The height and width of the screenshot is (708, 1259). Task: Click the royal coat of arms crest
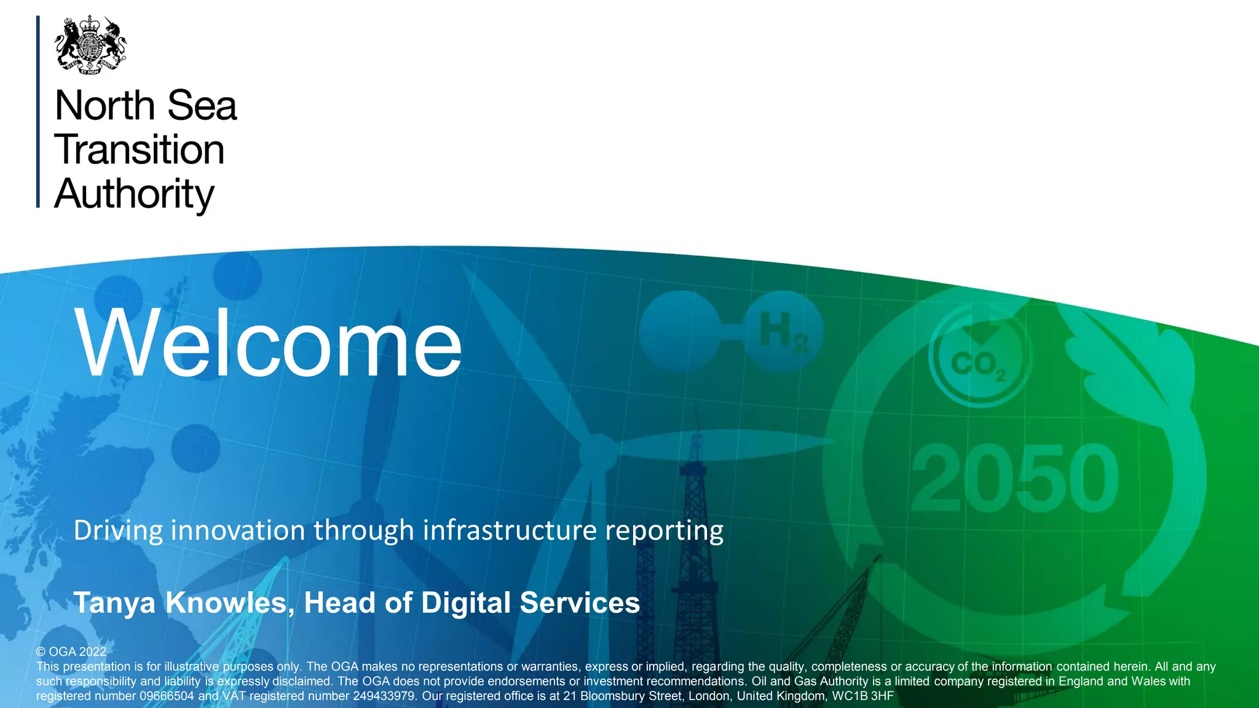tap(90, 45)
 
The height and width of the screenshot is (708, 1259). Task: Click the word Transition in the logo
tap(140, 150)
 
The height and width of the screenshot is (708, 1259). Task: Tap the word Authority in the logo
tap(134, 194)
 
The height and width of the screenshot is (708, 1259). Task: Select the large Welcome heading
tap(268, 343)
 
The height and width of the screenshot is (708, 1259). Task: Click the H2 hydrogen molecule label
tap(783, 332)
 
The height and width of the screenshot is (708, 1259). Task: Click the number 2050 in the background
tap(1014, 479)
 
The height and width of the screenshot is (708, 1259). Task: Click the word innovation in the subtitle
tap(238, 530)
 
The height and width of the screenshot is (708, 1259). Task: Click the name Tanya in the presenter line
tap(114, 603)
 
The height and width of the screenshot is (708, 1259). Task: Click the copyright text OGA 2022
tap(71, 651)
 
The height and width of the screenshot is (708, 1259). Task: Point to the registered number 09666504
tap(167, 696)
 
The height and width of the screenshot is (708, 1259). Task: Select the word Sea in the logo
tap(202, 106)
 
